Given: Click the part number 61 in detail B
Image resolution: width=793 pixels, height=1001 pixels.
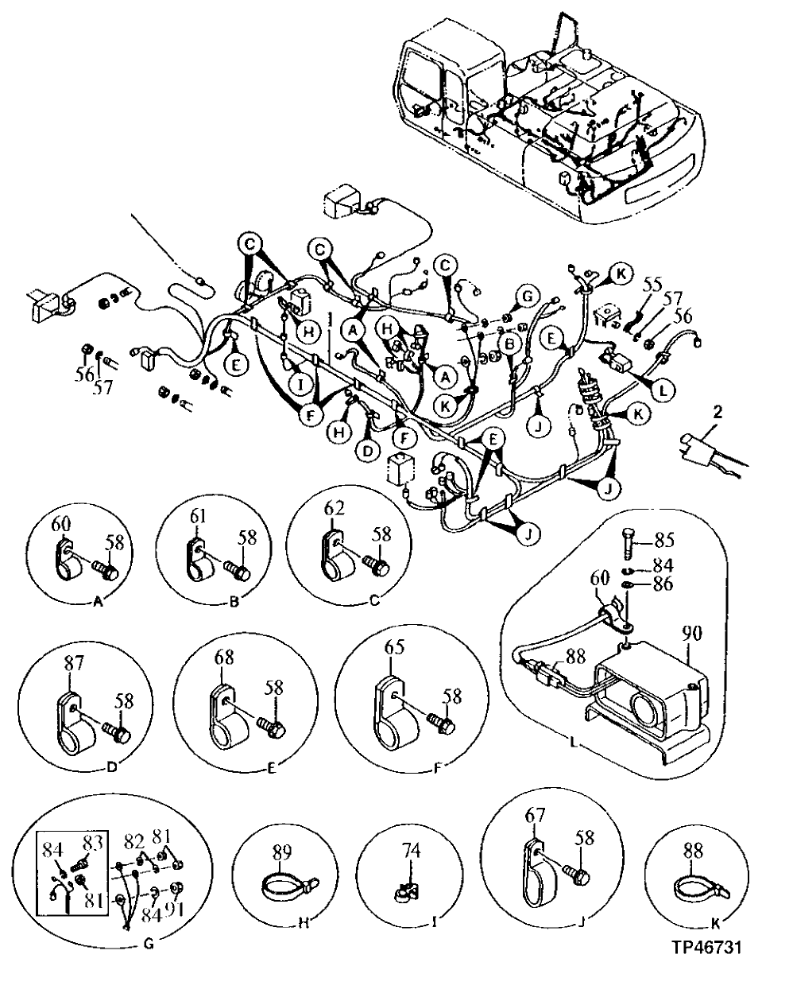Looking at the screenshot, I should pos(199,518).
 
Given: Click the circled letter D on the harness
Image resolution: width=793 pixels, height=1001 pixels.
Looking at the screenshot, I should pos(367,450).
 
